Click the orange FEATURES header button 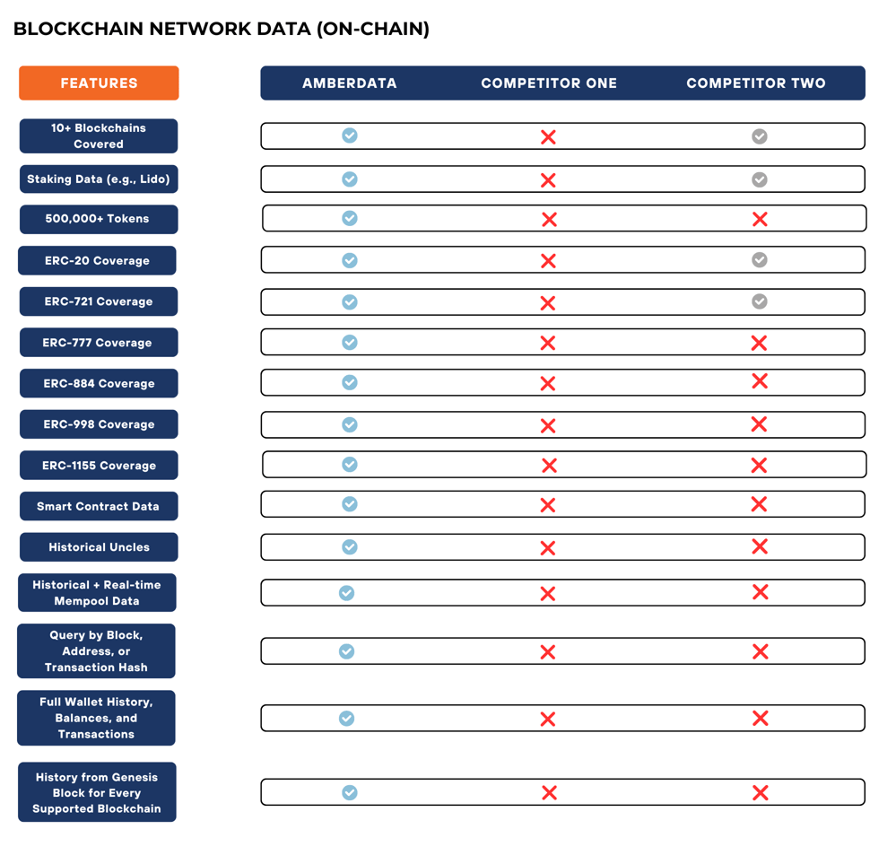click(x=99, y=83)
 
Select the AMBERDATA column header click(x=349, y=83)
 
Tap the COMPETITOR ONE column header click(x=549, y=83)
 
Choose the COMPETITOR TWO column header click(x=756, y=83)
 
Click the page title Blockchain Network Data click(x=221, y=29)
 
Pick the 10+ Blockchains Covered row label click(x=99, y=136)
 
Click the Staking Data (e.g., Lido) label click(x=99, y=179)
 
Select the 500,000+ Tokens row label click(x=99, y=219)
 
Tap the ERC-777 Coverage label click(x=99, y=343)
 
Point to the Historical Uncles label click(x=99, y=547)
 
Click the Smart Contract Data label click(x=99, y=506)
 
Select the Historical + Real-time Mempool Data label click(x=97, y=593)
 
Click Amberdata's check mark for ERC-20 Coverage click(x=350, y=260)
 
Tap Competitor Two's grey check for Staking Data click(x=760, y=179)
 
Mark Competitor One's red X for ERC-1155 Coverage click(x=550, y=466)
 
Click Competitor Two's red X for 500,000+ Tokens click(x=760, y=219)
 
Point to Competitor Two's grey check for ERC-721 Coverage click(x=760, y=301)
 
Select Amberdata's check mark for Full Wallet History click(x=347, y=719)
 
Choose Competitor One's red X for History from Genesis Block click(x=550, y=793)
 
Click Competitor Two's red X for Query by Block click(x=761, y=652)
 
